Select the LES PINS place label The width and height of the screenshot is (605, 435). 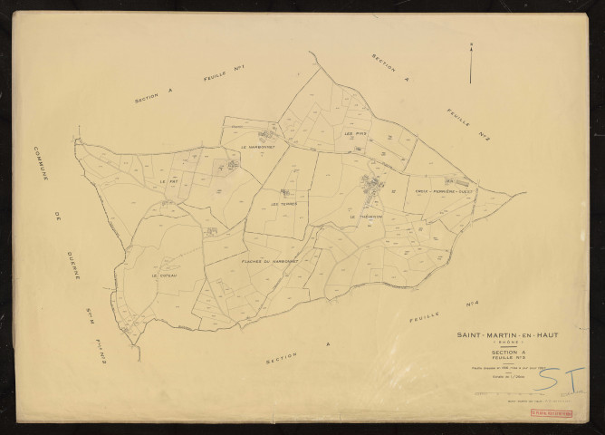point(354,134)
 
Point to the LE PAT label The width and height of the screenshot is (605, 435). point(168,182)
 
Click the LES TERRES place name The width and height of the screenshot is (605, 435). point(283,204)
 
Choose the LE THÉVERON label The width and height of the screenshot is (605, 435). point(366,217)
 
